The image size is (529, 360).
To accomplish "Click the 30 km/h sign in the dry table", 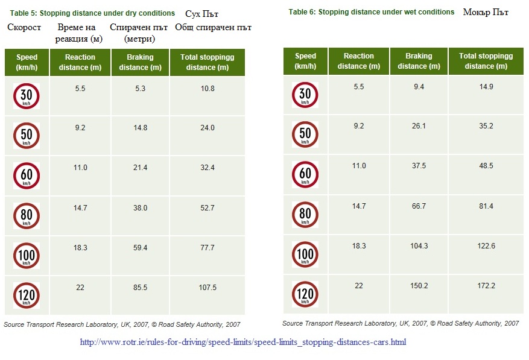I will (x=26, y=96).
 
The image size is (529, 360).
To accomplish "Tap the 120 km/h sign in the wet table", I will (x=305, y=294).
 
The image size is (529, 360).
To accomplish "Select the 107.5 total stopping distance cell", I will (x=207, y=288).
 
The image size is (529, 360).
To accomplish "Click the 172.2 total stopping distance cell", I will (x=486, y=285).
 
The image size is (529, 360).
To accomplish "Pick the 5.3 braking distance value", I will (x=140, y=89).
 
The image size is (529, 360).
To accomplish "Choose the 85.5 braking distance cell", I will (x=140, y=288).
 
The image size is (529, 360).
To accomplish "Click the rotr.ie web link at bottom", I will (x=243, y=342).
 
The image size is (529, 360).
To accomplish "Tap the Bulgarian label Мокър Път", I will (x=486, y=12).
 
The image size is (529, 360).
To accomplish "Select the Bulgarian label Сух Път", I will (x=202, y=13).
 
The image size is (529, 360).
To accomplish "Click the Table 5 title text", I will (x=92, y=13).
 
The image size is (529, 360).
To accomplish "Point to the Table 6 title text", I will (x=371, y=12).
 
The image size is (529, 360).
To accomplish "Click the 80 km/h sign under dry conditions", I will (x=26, y=215).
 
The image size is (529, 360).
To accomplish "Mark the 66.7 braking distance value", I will (x=419, y=206).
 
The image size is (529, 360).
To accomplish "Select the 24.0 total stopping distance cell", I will (x=207, y=128).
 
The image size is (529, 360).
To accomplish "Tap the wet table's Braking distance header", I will (x=419, y=61).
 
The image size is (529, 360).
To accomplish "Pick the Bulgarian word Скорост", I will (x=24, y=28).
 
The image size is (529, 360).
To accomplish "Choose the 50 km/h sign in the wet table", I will (x=305, y=134).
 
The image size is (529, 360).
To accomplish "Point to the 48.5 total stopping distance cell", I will (x=486, y=166).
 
